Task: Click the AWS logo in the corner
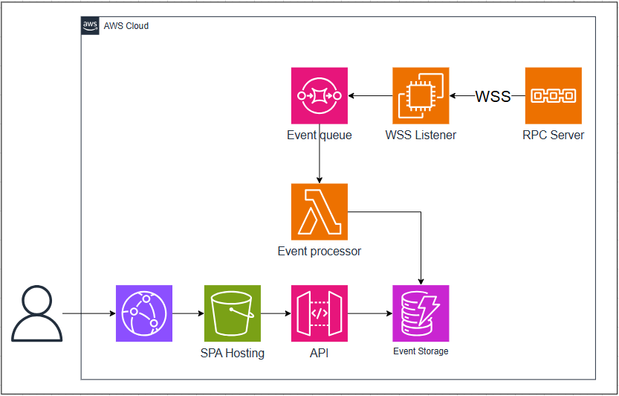pyautogui.click(x=91, y=26)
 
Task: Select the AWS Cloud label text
pyautogui.click(x=126, y=26)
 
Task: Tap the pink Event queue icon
pyautogui.click(x=320, y=95)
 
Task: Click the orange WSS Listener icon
pyautogui.click(x=421, y=95)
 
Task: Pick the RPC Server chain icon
pyautogui.click(x=553, y=95)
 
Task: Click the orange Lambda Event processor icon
pyautogui.click(x=320, y=211)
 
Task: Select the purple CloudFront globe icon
pyautogui.click(x=144, y=313)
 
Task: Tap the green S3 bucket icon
pyautogui.click(x=232, y=313)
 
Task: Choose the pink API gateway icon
pyautogui.click(x=320, y=313)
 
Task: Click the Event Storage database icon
pyautogui.click(x=421, y=313)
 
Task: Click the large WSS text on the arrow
pyautogui.click(x=493, y=96)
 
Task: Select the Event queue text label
pyautogui.click(x=320, y=135)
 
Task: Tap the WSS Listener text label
pyautogui.click(x=421, y=135)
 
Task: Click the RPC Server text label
pyautogui.click(x=553, y=135)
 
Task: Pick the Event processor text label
pyautogui.click(x=320, y=252)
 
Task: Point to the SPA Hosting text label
pyautogui.click(x=232, y=354)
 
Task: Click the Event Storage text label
pyautogui.click(x=421, y=351)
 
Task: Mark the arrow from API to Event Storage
pyautogui.click(x=370, y=313)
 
